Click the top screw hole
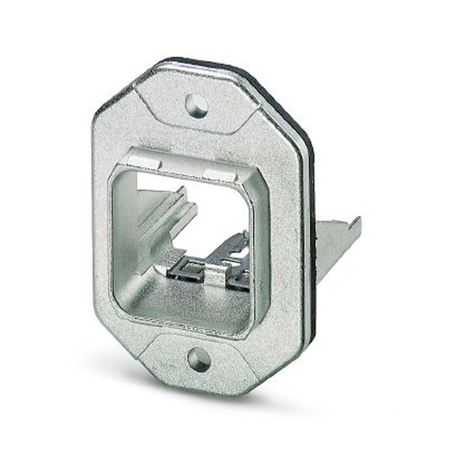pyautogui.click(x=197, y=106)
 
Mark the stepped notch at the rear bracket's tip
pyautogui.click(x=355, y=223)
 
